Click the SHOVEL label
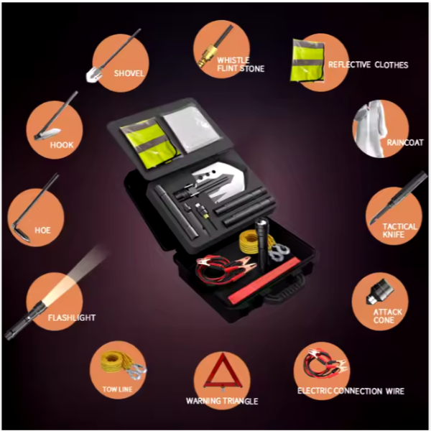click(x=129, y=73)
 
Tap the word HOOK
click(x=62, y=145)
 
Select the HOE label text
click(x=42, y=230)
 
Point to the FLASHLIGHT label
click(x=72, y=318)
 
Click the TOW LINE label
click(x=117, y=389)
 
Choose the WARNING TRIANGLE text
click(x=222, y=401)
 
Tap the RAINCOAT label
click(x=405, y=142)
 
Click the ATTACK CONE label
click(x=388, y=316)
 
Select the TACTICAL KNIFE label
click(x=399, y=231)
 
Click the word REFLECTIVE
click(x=350, y=65)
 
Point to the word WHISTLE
click(x=233, y=60)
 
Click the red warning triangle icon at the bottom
click(x=223, y=372)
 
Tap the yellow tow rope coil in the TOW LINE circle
click(x=114, y=361)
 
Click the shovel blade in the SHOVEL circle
click(x=92, y=75)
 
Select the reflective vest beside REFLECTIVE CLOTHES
click(x=307, y=60)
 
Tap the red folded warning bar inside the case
click(x=263, y=281)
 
